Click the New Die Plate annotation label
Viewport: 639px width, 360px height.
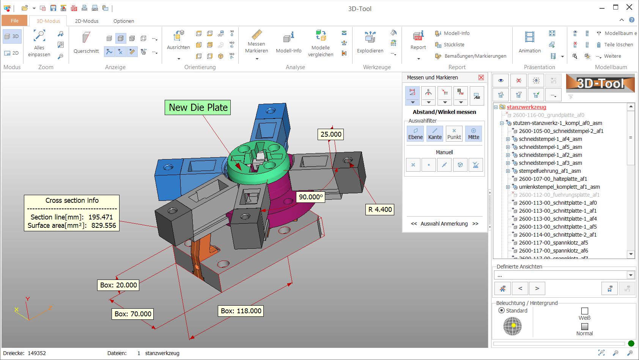coord(198,107)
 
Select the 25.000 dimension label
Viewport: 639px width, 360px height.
coord(331,134)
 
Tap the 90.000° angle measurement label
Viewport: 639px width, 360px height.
coord(310,197)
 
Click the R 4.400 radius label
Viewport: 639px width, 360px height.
coord(379,209)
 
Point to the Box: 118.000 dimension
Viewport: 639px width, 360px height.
coord(241,311)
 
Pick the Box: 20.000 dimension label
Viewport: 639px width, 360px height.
coord(118,285)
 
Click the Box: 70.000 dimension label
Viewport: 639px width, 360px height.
coord(133,314)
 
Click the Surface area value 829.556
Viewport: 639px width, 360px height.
coord(104,225)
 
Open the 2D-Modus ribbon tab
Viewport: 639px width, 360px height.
coord(87,21)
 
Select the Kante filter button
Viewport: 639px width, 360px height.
coord(435,133)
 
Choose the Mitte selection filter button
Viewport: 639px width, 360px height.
coord(474,133)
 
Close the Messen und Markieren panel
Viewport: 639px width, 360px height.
coord(481,77)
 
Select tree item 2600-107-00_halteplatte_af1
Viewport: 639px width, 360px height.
coord(553,179)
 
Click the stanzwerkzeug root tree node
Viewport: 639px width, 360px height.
coord(526,107)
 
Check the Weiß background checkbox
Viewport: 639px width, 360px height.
coord(585,311)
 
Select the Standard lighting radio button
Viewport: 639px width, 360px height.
coord(502,310)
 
